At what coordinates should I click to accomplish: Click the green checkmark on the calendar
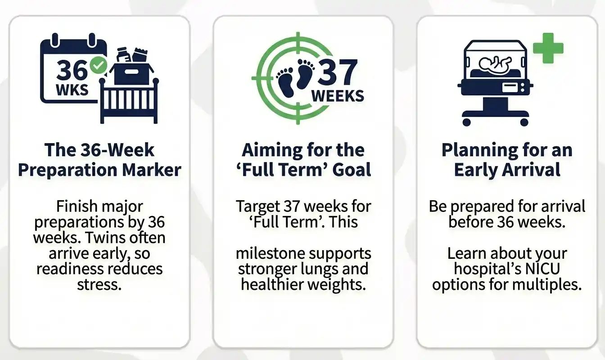(x=98, y=66)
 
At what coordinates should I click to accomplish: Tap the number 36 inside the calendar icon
(x=72, y=70)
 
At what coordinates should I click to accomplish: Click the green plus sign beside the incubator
(x=548, y=48)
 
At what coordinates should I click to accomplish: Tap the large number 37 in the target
(x=338, y=73)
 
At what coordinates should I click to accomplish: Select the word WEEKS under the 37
(x=338, y=96)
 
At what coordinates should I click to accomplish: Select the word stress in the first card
(x=99, y=284)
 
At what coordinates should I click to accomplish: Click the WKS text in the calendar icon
(x=72, y=90)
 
